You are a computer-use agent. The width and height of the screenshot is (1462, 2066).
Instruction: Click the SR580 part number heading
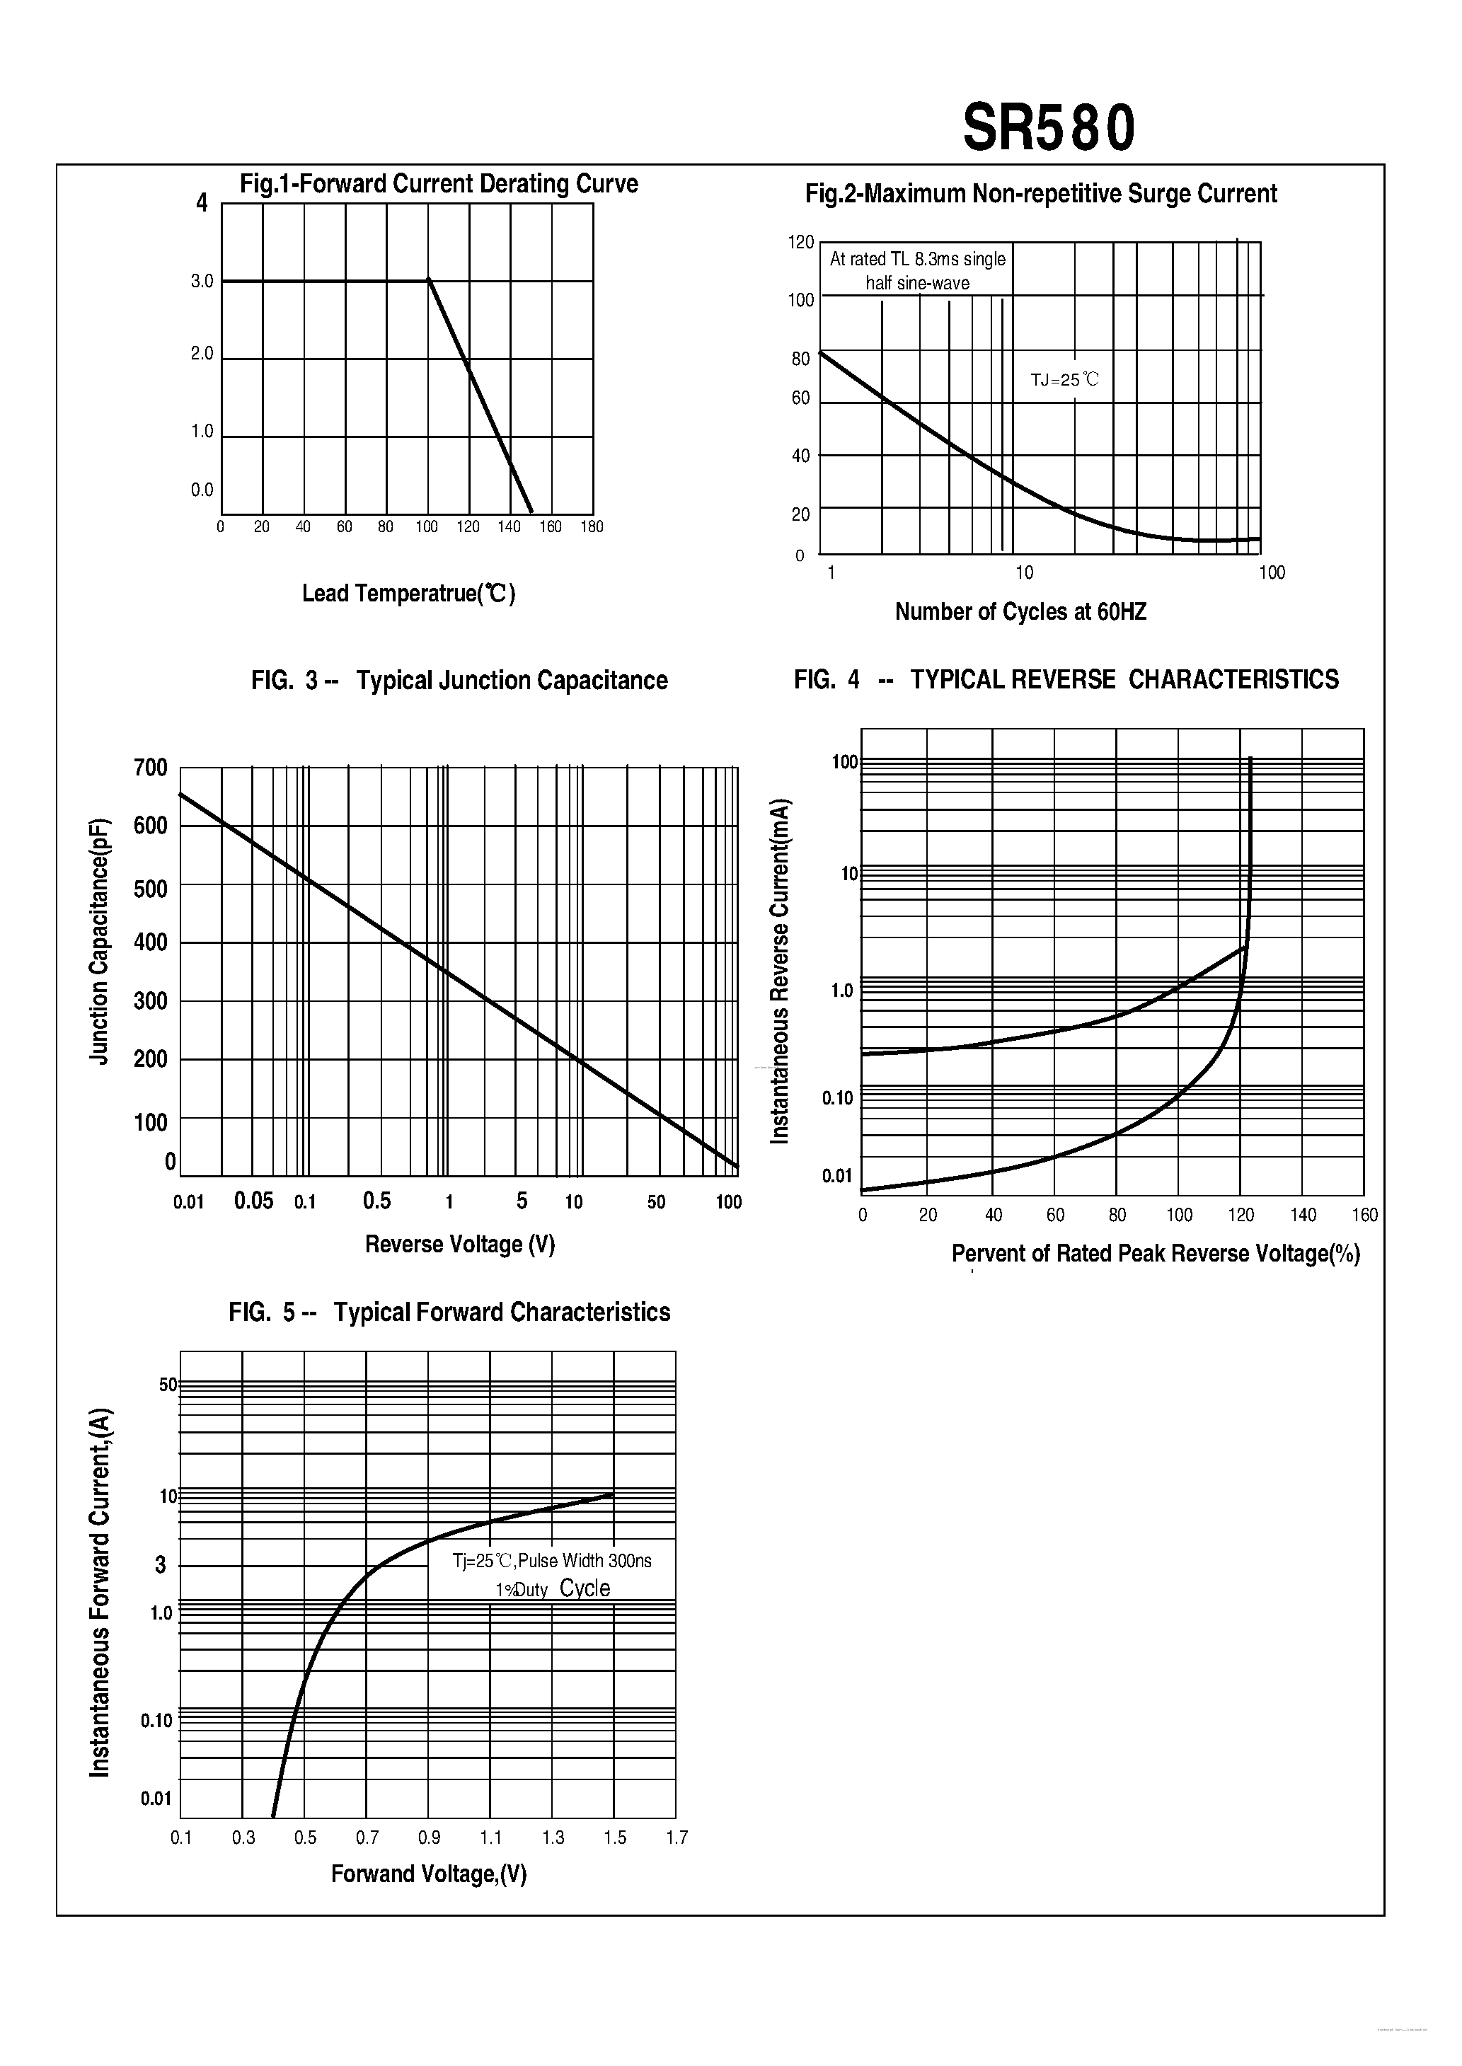1049,129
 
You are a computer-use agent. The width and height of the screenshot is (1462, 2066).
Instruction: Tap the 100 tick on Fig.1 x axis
427,527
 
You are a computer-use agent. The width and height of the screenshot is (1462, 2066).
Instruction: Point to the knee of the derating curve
429,280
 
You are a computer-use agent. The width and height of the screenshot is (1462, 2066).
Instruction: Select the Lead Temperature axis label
409,594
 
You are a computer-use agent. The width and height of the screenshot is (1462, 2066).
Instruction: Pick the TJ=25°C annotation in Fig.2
1065,380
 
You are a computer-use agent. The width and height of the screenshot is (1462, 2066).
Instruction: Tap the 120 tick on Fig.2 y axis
800,242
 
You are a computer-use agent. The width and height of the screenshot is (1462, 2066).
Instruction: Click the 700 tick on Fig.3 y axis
150,768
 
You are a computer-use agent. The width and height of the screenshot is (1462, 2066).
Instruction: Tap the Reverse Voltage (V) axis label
459,1245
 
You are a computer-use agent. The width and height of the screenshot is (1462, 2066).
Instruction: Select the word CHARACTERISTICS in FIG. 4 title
1233,679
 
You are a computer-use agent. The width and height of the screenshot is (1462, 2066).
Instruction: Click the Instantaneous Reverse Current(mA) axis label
780,972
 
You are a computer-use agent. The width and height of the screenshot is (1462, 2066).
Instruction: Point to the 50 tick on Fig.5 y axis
168,1385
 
